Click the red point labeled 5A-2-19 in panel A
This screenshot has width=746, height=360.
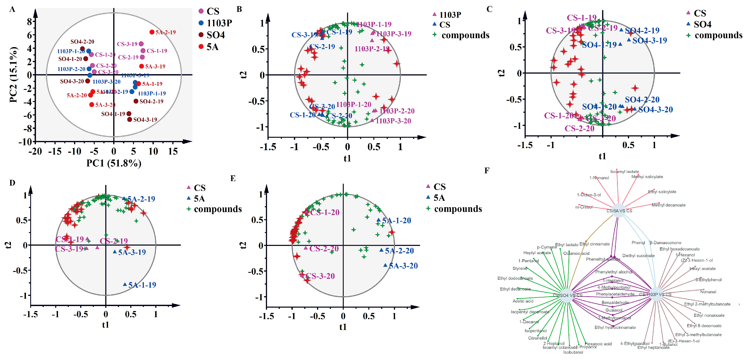(x=152, y=32)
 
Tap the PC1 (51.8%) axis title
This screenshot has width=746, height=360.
(x=114, y=163)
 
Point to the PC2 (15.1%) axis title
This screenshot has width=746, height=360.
(x=13, y=75)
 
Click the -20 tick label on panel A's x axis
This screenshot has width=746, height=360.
(x=35, y=151)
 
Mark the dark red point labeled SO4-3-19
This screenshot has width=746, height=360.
(x=130, y=119)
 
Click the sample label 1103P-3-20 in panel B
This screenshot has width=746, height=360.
(x=393, y=121)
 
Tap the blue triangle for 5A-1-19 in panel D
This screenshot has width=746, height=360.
(x=125, y=284)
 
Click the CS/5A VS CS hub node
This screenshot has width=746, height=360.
(x=619, y=211)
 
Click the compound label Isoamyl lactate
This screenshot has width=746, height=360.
(x=624, y=171)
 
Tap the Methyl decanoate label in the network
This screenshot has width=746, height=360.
(x=668, y=205)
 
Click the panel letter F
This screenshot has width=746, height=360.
(x=487, y=170)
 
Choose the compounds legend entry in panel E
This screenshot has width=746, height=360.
(x=457, y=209)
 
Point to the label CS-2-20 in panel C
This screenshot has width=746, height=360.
(x=579, y=128)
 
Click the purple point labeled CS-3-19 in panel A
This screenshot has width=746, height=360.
(x=141, y=44)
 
